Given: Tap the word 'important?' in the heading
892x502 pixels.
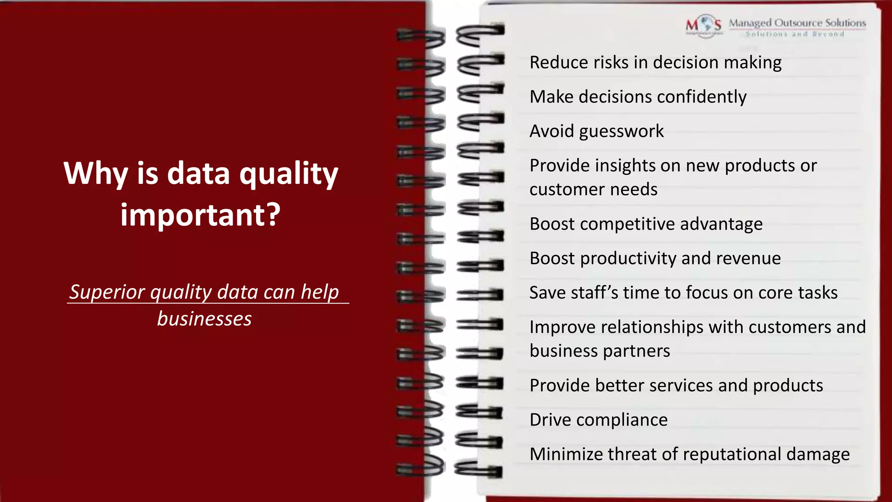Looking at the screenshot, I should tap(200, 215).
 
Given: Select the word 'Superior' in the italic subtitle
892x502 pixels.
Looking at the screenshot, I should tap(107, 292).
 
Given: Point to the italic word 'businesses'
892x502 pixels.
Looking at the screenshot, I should tap(204, 319).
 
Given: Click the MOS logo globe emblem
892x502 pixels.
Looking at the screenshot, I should tap(704, 25).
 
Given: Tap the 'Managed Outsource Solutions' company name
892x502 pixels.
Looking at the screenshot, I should tap(797, 23).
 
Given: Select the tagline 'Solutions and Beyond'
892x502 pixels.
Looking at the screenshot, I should tap(795, 34).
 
